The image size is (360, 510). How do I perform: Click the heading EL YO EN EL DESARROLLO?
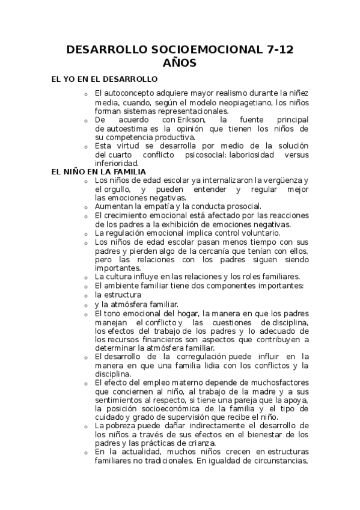coord(105,79)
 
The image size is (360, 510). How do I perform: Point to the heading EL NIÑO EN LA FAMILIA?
coord(99,171)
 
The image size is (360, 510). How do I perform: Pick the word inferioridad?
coord(117,163)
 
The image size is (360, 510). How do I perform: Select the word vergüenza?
coord(279,180)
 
